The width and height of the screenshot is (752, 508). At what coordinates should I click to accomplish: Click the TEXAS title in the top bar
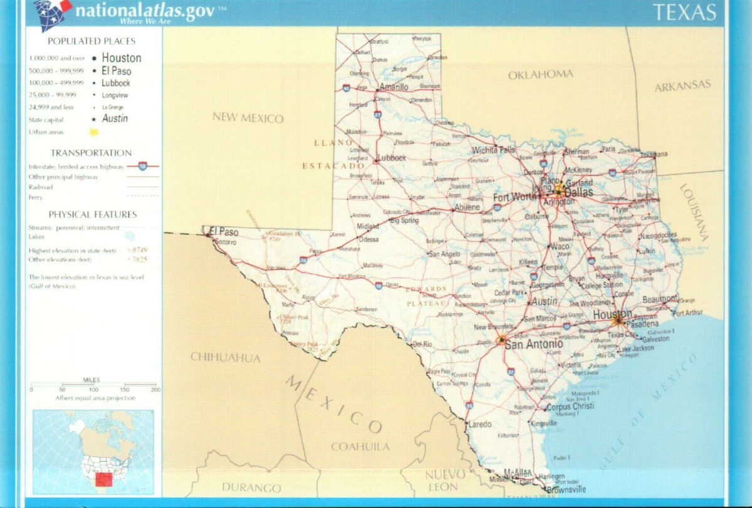684,13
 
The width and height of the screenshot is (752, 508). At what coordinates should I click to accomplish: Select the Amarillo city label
394,87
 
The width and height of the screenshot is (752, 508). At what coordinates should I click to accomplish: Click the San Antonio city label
533,344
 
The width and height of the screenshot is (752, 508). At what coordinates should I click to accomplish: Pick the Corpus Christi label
570,406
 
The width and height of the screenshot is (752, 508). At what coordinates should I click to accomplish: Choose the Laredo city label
480,424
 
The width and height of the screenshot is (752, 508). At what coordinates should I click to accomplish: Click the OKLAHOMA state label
540,75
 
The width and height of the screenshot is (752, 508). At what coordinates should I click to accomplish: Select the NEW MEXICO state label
248,118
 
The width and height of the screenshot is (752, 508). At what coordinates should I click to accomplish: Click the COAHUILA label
360,447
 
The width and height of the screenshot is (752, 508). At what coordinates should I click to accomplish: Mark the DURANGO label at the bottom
251,487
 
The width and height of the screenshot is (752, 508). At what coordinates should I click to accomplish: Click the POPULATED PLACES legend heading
91,41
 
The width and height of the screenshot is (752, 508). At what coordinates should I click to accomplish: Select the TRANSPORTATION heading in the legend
91,153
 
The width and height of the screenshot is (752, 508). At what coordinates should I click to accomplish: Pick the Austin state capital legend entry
115,118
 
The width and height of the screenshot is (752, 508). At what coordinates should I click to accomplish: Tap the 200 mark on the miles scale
155,390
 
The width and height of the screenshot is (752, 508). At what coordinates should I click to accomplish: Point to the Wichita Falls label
494,150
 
